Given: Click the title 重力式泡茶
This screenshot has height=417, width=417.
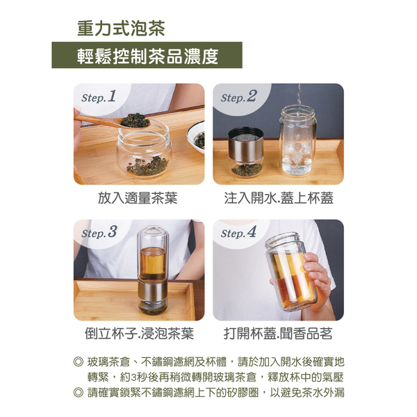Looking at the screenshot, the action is tap(121, 28).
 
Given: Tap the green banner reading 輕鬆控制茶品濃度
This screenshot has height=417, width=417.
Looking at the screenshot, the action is tap(147, 55).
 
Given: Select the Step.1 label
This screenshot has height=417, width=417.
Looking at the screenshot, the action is tap(99, 97).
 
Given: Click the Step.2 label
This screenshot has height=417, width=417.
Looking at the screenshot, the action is tap(238, 97).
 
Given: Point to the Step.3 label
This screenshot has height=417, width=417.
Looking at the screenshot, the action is tap(99, 232).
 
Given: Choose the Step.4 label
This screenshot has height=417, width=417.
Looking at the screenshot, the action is tap(238, 232).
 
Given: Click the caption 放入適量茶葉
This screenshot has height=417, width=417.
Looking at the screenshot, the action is tap(138, 198).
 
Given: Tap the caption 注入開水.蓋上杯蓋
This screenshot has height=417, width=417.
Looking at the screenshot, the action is tap(279, 198).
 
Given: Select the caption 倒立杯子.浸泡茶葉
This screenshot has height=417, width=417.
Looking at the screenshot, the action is tap(139, 334).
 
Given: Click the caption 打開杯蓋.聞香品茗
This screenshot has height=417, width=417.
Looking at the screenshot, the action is tap(278, 334).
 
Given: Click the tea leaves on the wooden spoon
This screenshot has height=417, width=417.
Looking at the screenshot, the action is tap(136, 120).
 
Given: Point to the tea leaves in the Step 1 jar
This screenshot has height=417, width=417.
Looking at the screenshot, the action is tap(147, 166).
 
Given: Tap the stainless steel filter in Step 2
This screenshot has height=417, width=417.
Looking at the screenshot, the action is tap(246, 145).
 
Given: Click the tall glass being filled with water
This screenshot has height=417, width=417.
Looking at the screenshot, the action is tap(298, 140).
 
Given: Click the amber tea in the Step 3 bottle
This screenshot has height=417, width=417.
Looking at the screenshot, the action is tap(153, 262).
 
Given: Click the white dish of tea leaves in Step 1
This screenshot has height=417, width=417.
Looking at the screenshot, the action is tap(196, 137).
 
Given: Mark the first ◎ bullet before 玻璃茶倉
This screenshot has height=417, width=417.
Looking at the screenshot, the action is tap(78, 362).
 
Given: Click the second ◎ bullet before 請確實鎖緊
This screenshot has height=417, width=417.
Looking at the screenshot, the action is tap(78, 393).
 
